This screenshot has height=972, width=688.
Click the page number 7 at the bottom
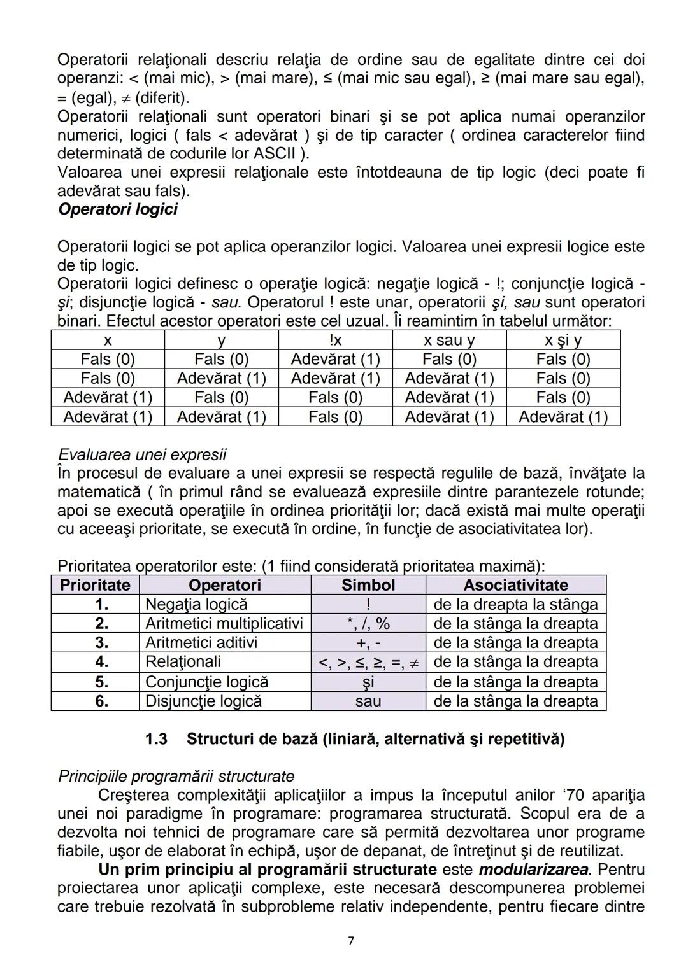[351, 940]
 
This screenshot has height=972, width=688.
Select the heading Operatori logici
[117, 209]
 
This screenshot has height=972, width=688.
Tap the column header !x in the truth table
[335, 341]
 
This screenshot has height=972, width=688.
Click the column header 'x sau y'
[449, 341]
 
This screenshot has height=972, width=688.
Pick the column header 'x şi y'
[563, 341]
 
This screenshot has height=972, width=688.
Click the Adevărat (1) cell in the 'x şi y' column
[563, 417]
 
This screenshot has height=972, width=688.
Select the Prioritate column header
[95, 585]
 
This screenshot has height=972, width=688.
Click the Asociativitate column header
[515, 585]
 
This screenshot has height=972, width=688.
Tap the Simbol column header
[368, 585]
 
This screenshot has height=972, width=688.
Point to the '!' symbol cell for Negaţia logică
[368, 604]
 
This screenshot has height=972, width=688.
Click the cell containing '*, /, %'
[368, 623]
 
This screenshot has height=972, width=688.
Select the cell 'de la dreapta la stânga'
[515, 604]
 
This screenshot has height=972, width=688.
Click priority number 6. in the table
[101, 701]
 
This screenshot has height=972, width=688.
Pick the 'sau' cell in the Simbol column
[368, 701]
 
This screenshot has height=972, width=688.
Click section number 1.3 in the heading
[156, 739]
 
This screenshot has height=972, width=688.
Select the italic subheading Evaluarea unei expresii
[142, 454]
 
